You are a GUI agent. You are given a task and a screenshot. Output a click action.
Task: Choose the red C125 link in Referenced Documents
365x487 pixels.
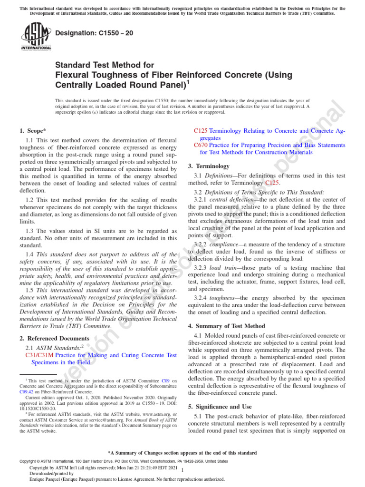click(201, 130)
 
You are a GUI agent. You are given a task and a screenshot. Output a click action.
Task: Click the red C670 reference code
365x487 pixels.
click(201, 145)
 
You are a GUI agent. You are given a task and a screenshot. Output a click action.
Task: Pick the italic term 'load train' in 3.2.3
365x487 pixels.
click(225, 268)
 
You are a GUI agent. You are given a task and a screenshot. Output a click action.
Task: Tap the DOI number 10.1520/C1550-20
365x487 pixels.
click(38, 408)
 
